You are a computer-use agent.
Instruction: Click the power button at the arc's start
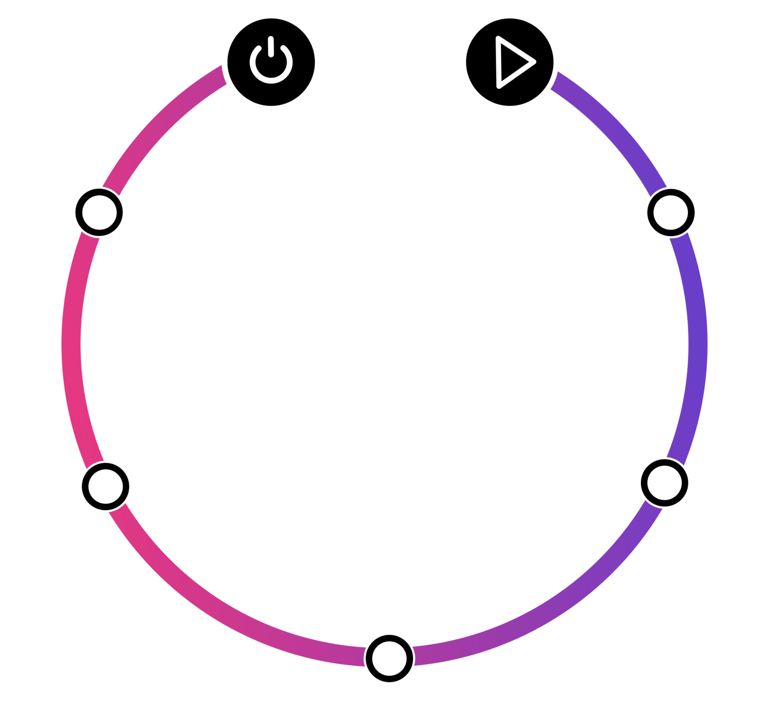point(271,62)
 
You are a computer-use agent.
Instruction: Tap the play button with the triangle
point(509,62)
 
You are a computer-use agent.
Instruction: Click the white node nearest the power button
point(99,212)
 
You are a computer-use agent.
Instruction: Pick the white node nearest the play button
point(671,212)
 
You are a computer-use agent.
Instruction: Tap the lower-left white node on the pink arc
point(106,486)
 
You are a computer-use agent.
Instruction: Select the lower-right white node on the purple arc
point(664,482)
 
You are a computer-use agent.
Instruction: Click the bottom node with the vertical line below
point(389,658)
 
